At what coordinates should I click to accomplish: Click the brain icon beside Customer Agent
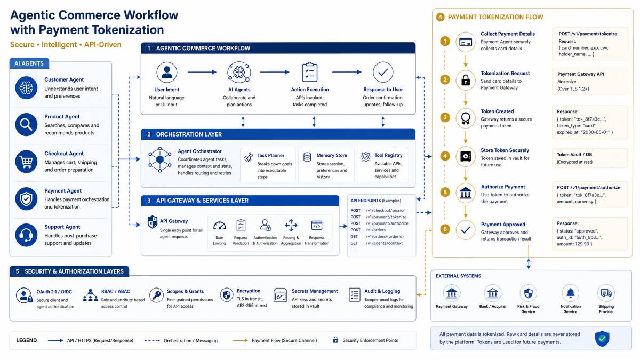pos(26,87)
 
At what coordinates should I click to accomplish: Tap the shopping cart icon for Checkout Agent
pos(26,162)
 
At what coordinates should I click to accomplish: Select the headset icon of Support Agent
pos(26,235)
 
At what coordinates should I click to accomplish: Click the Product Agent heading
pos(62,117)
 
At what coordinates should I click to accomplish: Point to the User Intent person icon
pos(166,73)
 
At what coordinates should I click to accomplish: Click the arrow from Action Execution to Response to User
pos(347,72)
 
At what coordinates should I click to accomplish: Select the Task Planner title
pos(270,155)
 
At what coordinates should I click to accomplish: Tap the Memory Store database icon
pos(307,157)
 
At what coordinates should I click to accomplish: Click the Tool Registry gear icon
pos(366,157)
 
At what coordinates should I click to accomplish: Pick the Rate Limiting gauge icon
pos(219,226)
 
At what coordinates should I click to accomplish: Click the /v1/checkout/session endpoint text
pos(386,210)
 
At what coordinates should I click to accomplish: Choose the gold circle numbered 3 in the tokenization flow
pos(445,117)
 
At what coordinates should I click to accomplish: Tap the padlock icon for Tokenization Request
pos(466,81)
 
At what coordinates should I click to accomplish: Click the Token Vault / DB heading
pos(574,155)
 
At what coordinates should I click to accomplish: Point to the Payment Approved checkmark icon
pos(466,230)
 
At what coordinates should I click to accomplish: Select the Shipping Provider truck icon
pos(606,293)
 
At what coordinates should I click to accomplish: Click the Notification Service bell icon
pos(571,293)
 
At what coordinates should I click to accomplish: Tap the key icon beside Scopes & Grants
pos(157,295)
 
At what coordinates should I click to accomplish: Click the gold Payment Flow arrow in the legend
pos(240,340)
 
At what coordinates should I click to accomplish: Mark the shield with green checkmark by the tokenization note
pos(602,339)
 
